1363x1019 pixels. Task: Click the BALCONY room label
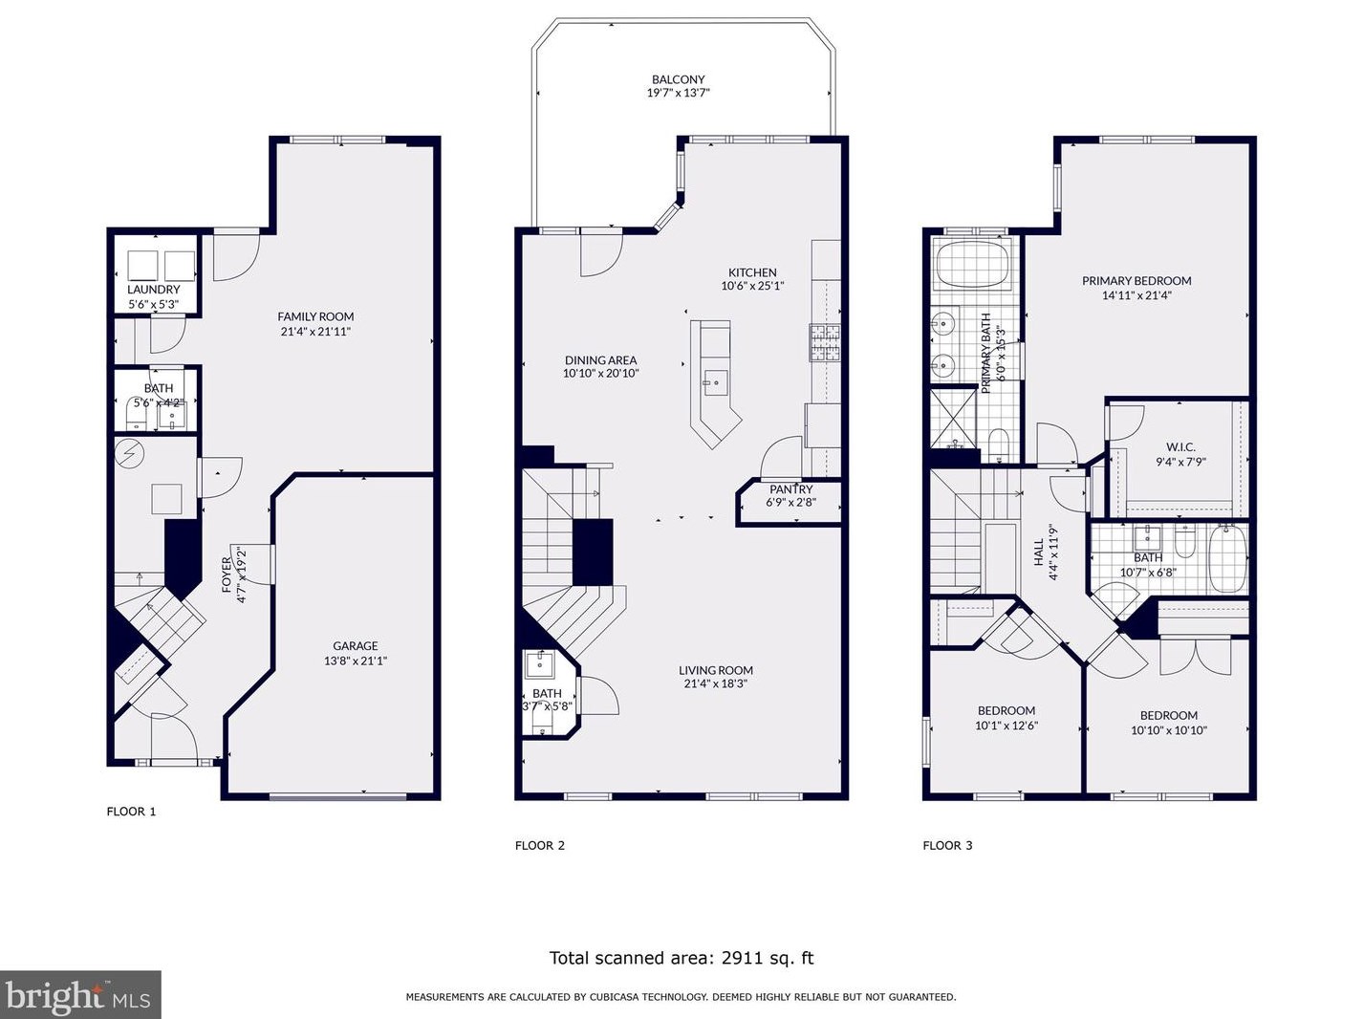678,79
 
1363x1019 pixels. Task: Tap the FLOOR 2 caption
540,845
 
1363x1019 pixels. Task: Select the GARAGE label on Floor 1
356,646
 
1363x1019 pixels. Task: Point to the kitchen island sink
716,380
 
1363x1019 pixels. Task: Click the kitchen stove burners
825,343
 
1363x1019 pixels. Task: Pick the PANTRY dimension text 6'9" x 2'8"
790,503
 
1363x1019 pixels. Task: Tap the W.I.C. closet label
1180,447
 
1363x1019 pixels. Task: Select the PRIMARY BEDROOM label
1136,281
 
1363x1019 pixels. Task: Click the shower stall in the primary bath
953,418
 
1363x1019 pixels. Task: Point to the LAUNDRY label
153,290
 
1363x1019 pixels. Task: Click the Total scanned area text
681,958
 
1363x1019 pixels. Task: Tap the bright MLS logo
80,995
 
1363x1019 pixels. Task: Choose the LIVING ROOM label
715,670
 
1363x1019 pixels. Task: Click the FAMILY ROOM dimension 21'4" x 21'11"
315,332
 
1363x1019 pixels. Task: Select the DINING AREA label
600,360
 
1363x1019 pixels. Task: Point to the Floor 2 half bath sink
540,665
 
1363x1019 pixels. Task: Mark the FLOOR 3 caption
947,845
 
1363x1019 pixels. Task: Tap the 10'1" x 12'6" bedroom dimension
1006,726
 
